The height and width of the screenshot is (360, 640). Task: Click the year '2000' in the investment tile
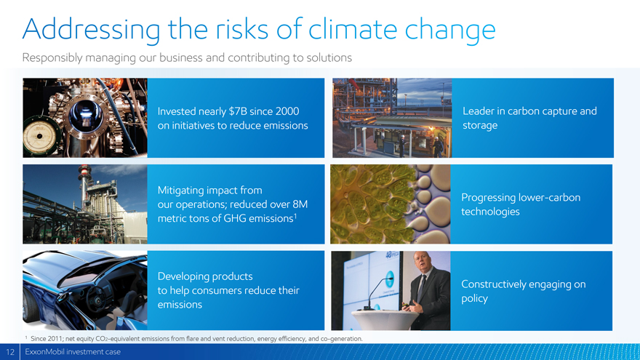[287, 111]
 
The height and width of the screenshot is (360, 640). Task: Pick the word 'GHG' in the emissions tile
[235, 218]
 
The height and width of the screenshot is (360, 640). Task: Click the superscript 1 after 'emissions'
[295, 215]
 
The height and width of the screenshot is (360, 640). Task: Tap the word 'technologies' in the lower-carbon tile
[490, 212]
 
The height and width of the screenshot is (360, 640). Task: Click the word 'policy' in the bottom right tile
[474, 299]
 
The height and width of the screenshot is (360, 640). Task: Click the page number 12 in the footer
[9, 352]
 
